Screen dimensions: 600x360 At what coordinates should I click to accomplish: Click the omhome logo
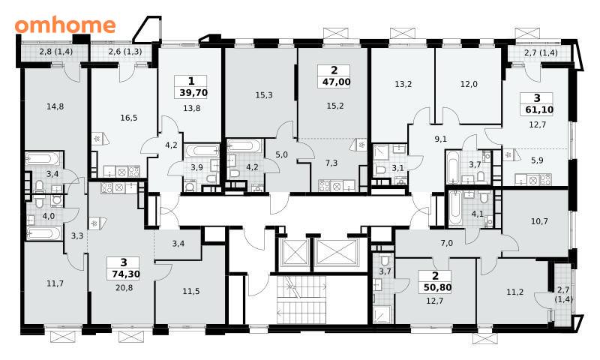[x=65, y=25]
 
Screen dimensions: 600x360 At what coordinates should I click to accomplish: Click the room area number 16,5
[x=128, y=118]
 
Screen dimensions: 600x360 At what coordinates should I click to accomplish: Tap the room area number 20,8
[x=124, y=287]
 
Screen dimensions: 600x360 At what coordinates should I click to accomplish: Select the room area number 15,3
[x=264, y=95]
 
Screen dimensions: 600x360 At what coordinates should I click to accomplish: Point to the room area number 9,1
[x=441, y=139]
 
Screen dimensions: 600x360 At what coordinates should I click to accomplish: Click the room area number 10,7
[x=539, y=221]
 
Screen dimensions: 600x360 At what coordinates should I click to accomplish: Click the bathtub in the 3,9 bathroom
[x=202, y=150]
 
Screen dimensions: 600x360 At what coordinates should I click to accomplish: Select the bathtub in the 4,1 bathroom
[x=454, y=209]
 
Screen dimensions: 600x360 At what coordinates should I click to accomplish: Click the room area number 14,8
[x=55, y=106]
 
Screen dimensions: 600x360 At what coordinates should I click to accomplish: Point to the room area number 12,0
[x=469, y=84]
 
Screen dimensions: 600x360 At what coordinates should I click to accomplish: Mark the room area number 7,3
[x=331, y=163]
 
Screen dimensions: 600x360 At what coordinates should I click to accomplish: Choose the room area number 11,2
[x=515, y=292]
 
